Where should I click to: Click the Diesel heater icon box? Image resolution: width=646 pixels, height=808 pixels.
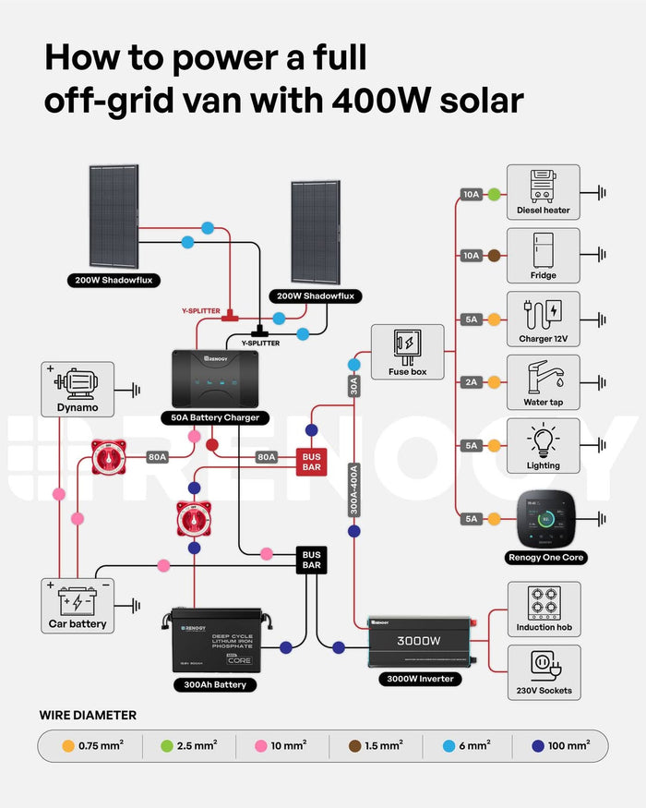(x=544, y=192)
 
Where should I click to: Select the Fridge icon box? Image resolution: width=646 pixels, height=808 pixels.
(x=544, y=256)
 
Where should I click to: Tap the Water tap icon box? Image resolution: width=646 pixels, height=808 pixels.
(x=544, y=381)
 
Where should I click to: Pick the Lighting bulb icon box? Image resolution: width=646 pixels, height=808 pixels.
(x=544, y=445)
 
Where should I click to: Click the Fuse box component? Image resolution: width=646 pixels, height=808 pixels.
(x=407, y=351)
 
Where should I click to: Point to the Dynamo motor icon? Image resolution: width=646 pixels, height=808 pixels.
(x=78, y=388)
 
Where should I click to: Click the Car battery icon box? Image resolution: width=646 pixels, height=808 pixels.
(x=78, y=605)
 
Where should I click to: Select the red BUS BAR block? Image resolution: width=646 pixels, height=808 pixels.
(x=311, y=462)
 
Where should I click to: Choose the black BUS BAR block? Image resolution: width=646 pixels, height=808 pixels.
(x=312, y=559)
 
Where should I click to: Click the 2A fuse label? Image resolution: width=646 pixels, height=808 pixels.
(x=472, y=382)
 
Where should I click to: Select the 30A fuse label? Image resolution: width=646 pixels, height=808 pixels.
(x=353, y=386)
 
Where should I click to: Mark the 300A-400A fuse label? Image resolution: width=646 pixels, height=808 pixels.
(x=353, y=490)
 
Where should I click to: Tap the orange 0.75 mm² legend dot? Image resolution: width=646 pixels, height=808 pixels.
(x=67, y=745)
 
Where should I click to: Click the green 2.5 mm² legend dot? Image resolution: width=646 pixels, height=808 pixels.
(x=168, y=745)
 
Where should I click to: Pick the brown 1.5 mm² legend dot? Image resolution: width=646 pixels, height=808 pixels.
(x=353, y=745)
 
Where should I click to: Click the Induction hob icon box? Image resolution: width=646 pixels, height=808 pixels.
(x=544, y=609)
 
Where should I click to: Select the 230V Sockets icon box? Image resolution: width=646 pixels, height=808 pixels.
(x=544, y=672)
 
